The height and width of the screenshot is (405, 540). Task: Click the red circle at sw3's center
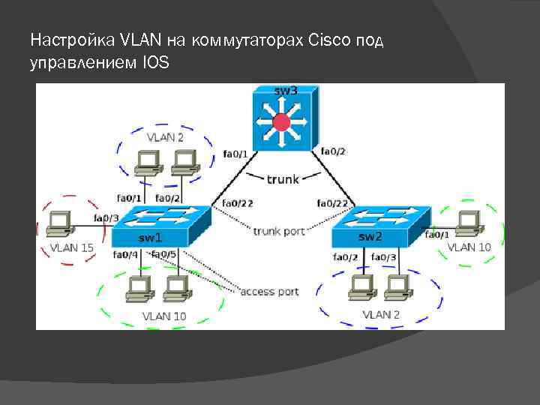click(282, 122)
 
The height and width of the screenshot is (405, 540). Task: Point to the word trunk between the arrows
click(283, 178)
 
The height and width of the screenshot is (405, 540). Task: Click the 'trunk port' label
click(279, 232)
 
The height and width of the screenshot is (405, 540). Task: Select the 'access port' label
click(269, 291)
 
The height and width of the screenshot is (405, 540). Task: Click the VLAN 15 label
click(72, 247)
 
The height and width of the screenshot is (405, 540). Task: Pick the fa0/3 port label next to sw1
click(106, 218)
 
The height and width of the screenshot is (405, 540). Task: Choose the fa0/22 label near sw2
click(331, 203)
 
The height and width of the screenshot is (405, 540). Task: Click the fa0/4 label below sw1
click(124, 255)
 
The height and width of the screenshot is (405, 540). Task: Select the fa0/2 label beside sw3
click(333, 151)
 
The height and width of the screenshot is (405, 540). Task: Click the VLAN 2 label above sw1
click(164, 137)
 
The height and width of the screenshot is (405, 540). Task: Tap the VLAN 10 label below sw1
click(163, 316)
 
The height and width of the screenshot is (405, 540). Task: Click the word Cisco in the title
click(325, 39)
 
